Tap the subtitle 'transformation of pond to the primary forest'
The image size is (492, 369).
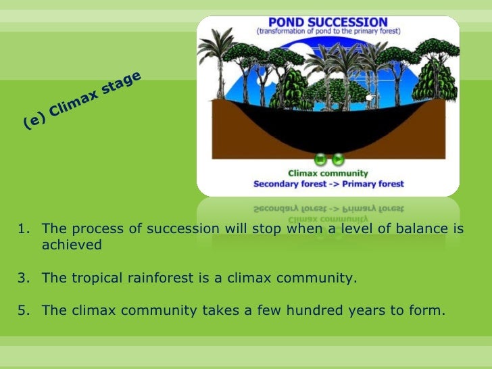click(x=328, y=32)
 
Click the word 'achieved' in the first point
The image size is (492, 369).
click(x=72, y=245)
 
